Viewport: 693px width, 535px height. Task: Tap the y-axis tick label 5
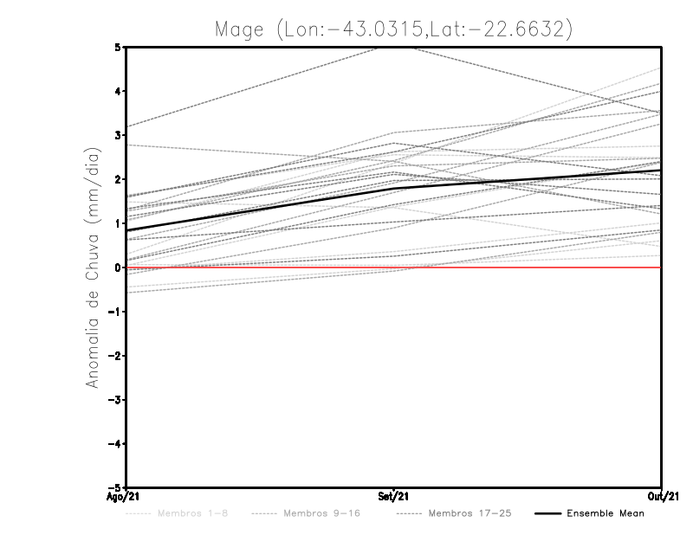point(117,47)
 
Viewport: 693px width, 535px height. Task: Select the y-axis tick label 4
point(117,91)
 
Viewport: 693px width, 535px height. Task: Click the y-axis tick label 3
point(117,135)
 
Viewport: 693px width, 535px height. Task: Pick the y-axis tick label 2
point(117,179)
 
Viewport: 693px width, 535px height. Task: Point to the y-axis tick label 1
point(117,223)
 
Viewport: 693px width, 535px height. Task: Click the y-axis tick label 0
point(117,267)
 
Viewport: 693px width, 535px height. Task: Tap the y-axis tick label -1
point(114,312)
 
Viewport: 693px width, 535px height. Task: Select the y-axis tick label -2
point(114,356)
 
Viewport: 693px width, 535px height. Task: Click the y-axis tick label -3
point(114,400)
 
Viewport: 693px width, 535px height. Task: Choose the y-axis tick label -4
point(114,444)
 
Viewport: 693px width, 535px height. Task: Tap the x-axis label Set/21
point(394,496)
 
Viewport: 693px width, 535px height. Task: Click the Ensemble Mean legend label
point(605,513)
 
